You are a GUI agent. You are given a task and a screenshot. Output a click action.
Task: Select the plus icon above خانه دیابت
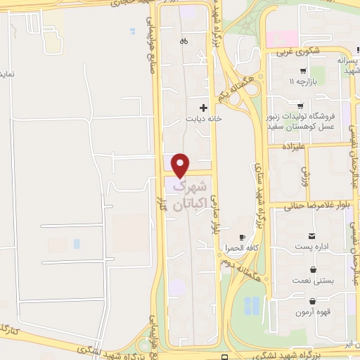[x=204, y=108]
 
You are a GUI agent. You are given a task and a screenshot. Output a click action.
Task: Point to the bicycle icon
[x=183, y=40]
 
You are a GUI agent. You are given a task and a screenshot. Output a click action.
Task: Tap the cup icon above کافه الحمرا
[x=243, y=238]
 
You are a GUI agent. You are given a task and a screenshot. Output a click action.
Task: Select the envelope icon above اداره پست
[x=311, y=236]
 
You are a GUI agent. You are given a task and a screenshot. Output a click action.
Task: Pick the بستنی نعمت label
[x=312, y=280]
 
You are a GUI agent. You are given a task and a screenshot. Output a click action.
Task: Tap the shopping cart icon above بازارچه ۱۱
[x=302, y=71]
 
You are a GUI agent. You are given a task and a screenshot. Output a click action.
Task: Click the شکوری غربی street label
[x=294, y=51]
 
